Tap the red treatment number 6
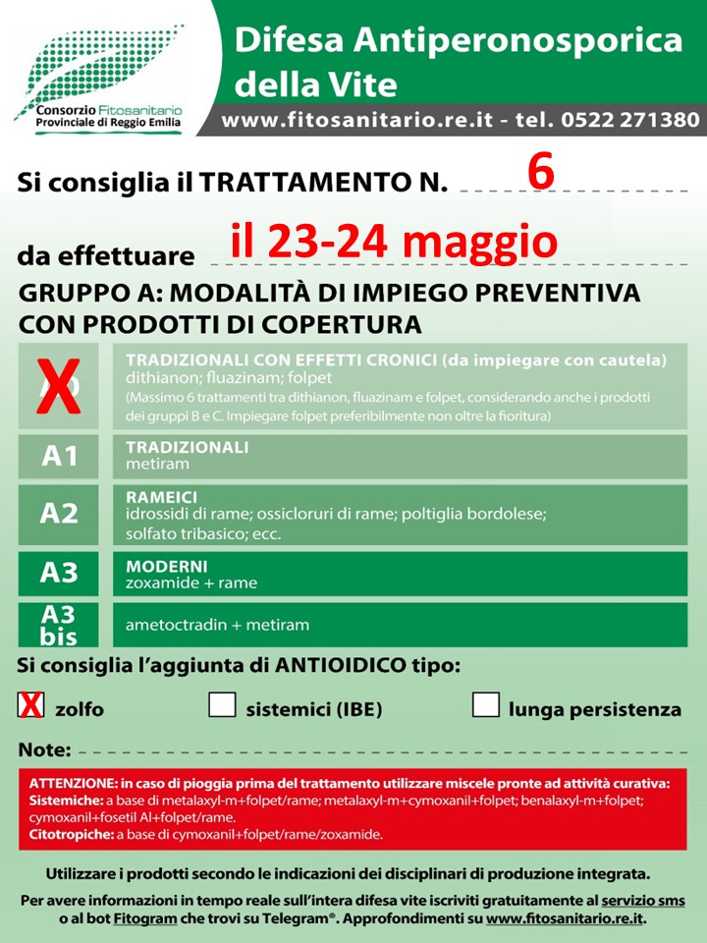[541, 173]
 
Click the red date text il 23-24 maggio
[394, 241]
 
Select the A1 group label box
[59, 456]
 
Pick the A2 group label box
[59, 514]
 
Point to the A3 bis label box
[59, 625]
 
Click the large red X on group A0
[59, 387]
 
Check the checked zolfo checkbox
[31, 705]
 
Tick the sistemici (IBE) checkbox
[222, 705]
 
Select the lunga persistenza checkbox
[486, 705]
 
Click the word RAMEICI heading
[162, 498]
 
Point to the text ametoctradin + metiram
[217, 625]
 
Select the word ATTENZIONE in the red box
[78, 783]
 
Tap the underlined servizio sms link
[643, 901]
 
